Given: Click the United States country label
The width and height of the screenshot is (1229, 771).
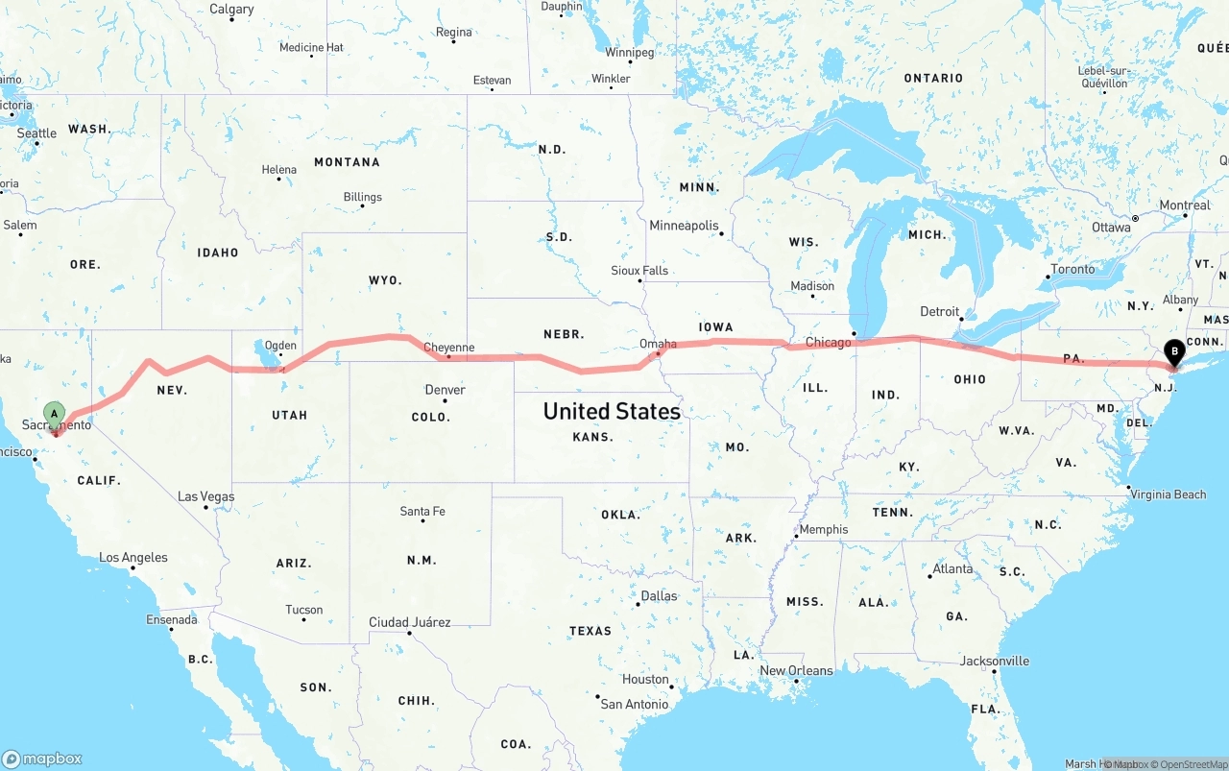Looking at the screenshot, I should tap(612, 411).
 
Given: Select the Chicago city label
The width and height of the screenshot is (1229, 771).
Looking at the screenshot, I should tap(828, 343).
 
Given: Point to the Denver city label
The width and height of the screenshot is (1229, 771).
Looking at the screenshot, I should tap(445, 390).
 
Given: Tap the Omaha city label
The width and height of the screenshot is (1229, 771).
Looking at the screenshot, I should tap(658, 344).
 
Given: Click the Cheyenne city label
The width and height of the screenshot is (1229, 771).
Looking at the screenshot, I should tap(448, 348).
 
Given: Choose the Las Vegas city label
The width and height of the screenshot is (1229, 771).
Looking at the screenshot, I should tap(205, 496).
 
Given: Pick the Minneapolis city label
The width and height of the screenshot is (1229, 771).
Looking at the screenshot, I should tap(684, 226).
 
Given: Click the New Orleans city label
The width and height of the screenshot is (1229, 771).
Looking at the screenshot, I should tap(796, 670).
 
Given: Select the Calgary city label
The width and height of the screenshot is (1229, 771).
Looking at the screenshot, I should tap(231, 10).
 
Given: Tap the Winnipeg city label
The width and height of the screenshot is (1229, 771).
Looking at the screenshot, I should tap(629, 52).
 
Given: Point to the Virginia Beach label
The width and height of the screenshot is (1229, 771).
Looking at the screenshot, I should tap(1169, 494).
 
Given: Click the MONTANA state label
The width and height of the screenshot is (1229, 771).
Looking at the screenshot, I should tap(347, 162).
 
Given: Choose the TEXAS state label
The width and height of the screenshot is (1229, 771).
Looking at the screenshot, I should tap(590, 631).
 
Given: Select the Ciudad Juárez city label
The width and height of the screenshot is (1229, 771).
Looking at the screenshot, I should tap(410, 622).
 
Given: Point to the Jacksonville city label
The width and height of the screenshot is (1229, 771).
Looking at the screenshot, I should tap(995, 661).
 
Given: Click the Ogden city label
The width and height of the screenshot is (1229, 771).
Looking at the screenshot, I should tap(280, 346).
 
